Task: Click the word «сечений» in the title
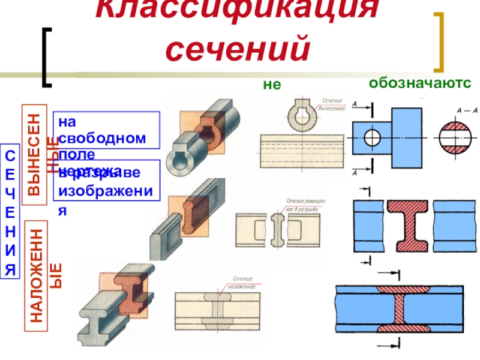[x=238, y=50]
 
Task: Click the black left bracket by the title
[x=47, y=56]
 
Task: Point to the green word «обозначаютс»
[x=419, y=83]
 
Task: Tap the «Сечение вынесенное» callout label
[x=331, y=106]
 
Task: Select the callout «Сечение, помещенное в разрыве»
[x=306, y=208]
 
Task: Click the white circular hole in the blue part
[x=373, y=137]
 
